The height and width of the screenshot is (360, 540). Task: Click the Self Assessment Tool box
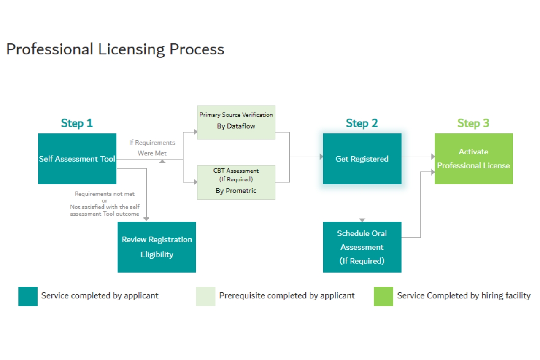pos(77,159)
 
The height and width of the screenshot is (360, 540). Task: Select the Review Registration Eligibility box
pos(157,247)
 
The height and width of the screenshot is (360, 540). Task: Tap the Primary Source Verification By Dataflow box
pos(236,122)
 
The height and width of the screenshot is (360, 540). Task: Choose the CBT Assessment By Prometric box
pos(236,182)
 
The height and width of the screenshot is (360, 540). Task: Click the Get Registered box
pos(362,159)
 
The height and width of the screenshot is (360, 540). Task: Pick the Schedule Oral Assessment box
pos(362,247)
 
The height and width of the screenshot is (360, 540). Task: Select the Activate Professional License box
pos(473,159)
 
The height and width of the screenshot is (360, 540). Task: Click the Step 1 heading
pos(77,123)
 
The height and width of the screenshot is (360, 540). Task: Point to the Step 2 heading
pos(362,123)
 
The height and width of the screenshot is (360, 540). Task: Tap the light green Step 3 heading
pos(473,123)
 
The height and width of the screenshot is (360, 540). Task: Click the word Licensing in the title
pos(132,49)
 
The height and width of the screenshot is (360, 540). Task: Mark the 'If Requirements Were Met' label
pos(152,148)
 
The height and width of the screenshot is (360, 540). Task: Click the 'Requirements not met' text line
pos(105,194)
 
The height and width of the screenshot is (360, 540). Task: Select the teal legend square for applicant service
pos(28,296)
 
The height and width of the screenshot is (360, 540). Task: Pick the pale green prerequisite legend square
pos(205,296)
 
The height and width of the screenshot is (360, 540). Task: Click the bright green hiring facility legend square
pos(383,296)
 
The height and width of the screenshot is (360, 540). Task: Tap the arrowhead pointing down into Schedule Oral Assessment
pos(362,219)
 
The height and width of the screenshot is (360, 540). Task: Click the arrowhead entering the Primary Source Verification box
pos(195,132)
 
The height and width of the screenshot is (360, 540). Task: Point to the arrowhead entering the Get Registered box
pos(321,157)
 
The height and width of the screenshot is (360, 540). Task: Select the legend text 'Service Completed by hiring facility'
pos(464,295)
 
